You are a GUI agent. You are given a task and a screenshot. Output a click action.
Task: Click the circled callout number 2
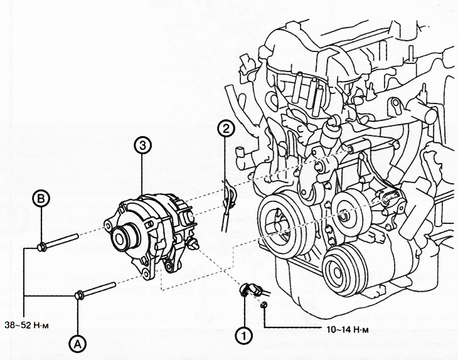[x=225, y=129]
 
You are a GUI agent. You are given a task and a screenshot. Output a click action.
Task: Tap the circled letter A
[x=78, y=342]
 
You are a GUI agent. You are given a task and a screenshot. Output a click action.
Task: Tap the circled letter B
[x=41, y=199]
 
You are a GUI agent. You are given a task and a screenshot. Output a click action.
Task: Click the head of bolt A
[x=79, y=295]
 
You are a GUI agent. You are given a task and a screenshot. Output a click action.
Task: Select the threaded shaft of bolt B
[x=63, y=240]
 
